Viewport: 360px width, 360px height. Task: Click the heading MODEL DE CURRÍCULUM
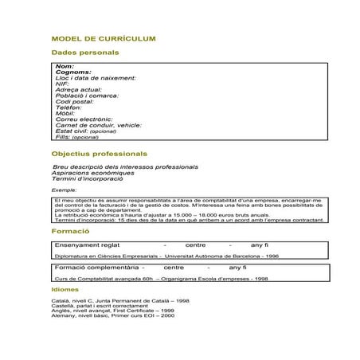[x=104, y=37]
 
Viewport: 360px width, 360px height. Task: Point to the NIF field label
[x=63, y=84]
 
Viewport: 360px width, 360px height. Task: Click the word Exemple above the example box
[x=65, y=190]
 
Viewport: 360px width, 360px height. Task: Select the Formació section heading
[x=69, y=230]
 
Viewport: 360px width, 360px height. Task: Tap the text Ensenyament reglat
[x=87, y=245]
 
